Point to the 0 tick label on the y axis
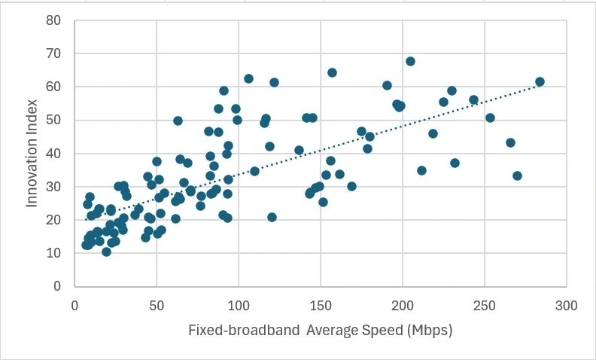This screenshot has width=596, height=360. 57,286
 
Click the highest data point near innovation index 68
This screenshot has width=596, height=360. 410,61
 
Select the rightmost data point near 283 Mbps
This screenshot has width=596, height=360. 540,81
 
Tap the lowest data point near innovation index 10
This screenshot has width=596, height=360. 107,252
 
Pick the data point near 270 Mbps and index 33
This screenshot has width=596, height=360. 517,175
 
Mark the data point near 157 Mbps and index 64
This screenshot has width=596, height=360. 332,72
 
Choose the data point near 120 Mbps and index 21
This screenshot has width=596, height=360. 272,217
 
